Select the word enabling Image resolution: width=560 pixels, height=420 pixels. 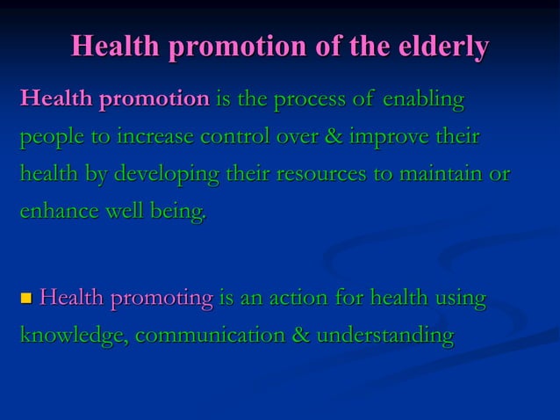tap(422, 100)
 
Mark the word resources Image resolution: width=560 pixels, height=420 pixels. tap(320, 175)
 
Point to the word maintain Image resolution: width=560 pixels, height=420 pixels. tap(442, 174)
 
